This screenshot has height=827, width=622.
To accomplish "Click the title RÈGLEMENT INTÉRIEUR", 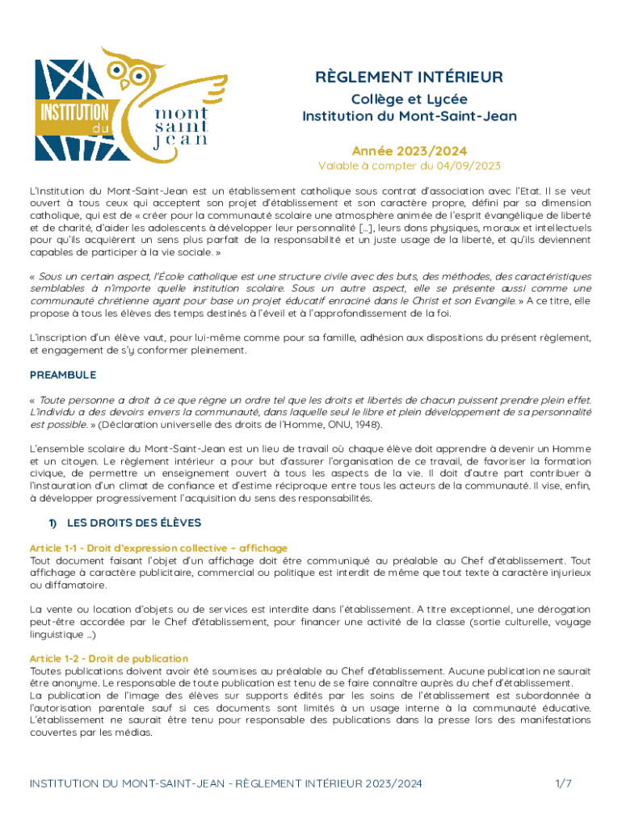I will pyautogui.click(x=410, y=78).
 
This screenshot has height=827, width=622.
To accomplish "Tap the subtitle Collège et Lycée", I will pyautogui.click(x=410, y=99).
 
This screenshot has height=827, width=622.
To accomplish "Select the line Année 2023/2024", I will pyautogui.click(x=410, y=151).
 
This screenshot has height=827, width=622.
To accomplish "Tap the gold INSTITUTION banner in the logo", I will pyautogui.click(x=69, y=111).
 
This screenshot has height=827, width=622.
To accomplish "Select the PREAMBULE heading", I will pyautogui.click(x=63, y=375).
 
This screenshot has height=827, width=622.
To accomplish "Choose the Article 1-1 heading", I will pyautogui.click(x=158, y=548).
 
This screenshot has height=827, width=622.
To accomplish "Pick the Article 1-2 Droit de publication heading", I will pyautogui.click(x=109, y=659).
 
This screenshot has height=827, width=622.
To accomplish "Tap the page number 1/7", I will pyautogui.click(x=563, y=783).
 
